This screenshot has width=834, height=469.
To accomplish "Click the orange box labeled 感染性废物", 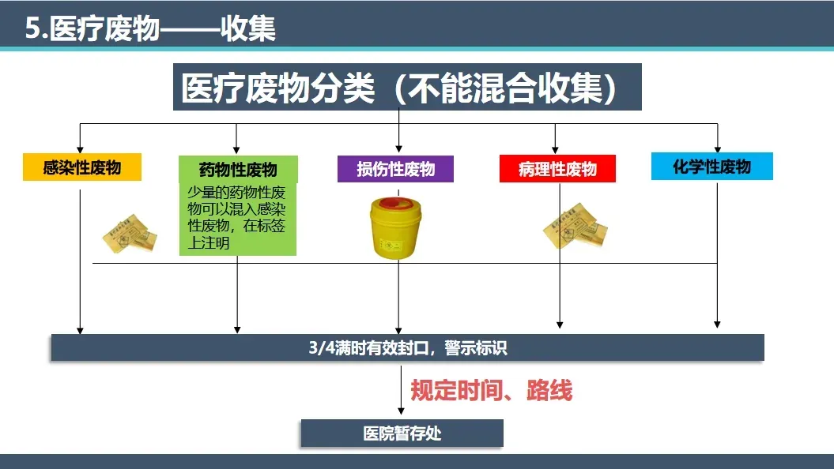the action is click(x=82, y=167).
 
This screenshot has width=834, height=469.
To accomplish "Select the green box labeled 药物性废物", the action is click(x=238, y=170).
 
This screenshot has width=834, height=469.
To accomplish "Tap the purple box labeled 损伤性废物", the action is click(x=397, y=168).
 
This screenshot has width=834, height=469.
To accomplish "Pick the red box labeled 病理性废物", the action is click(x=557, y=168).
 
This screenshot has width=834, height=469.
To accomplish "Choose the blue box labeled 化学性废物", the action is click(x=711, y=167).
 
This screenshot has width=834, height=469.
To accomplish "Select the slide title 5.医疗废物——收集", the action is click(x=150, y=28).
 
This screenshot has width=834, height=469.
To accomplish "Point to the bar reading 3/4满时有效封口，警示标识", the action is click(x=407, y=347).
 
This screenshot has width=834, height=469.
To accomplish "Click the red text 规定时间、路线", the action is click(x=491, y=390).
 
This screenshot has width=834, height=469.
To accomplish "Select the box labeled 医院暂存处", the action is click(x=402, y=433).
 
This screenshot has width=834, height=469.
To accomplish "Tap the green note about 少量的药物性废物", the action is click(x=238, y=217).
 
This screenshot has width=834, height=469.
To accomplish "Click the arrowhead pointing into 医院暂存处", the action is click(x=400, y=412).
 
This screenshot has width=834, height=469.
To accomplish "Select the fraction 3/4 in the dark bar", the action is click(x=321, y=347).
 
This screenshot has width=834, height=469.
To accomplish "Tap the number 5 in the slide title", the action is click(x=32, y=29).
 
